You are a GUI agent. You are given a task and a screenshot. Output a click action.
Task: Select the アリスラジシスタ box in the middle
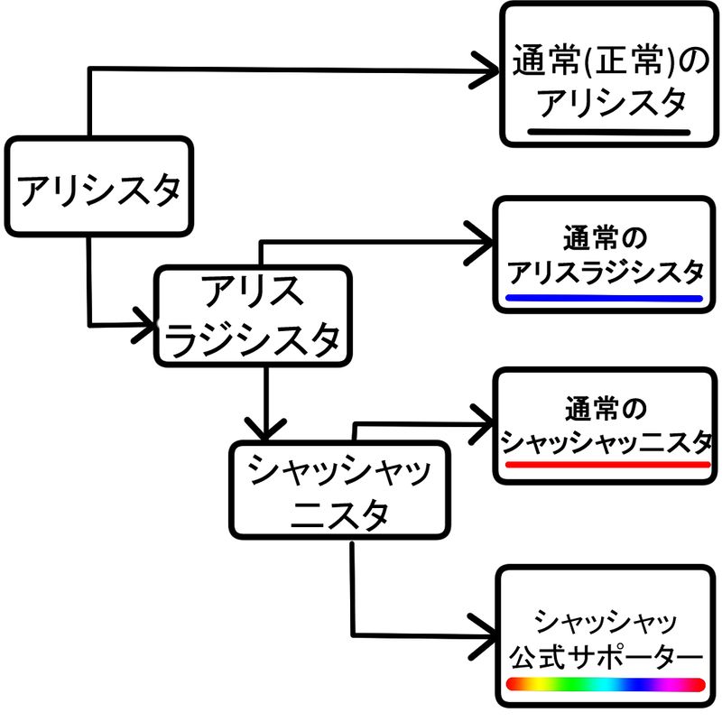pos(254,316)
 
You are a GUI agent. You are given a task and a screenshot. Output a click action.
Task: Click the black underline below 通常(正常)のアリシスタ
pos(609,131)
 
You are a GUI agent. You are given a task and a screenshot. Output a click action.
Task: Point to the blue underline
pos(604,298)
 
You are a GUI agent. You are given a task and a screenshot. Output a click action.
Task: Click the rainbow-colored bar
pos(605,684)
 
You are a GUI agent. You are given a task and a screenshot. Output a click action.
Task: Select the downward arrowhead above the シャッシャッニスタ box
pos(267,424)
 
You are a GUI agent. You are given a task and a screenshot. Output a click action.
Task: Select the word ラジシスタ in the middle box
pos(254,338)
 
